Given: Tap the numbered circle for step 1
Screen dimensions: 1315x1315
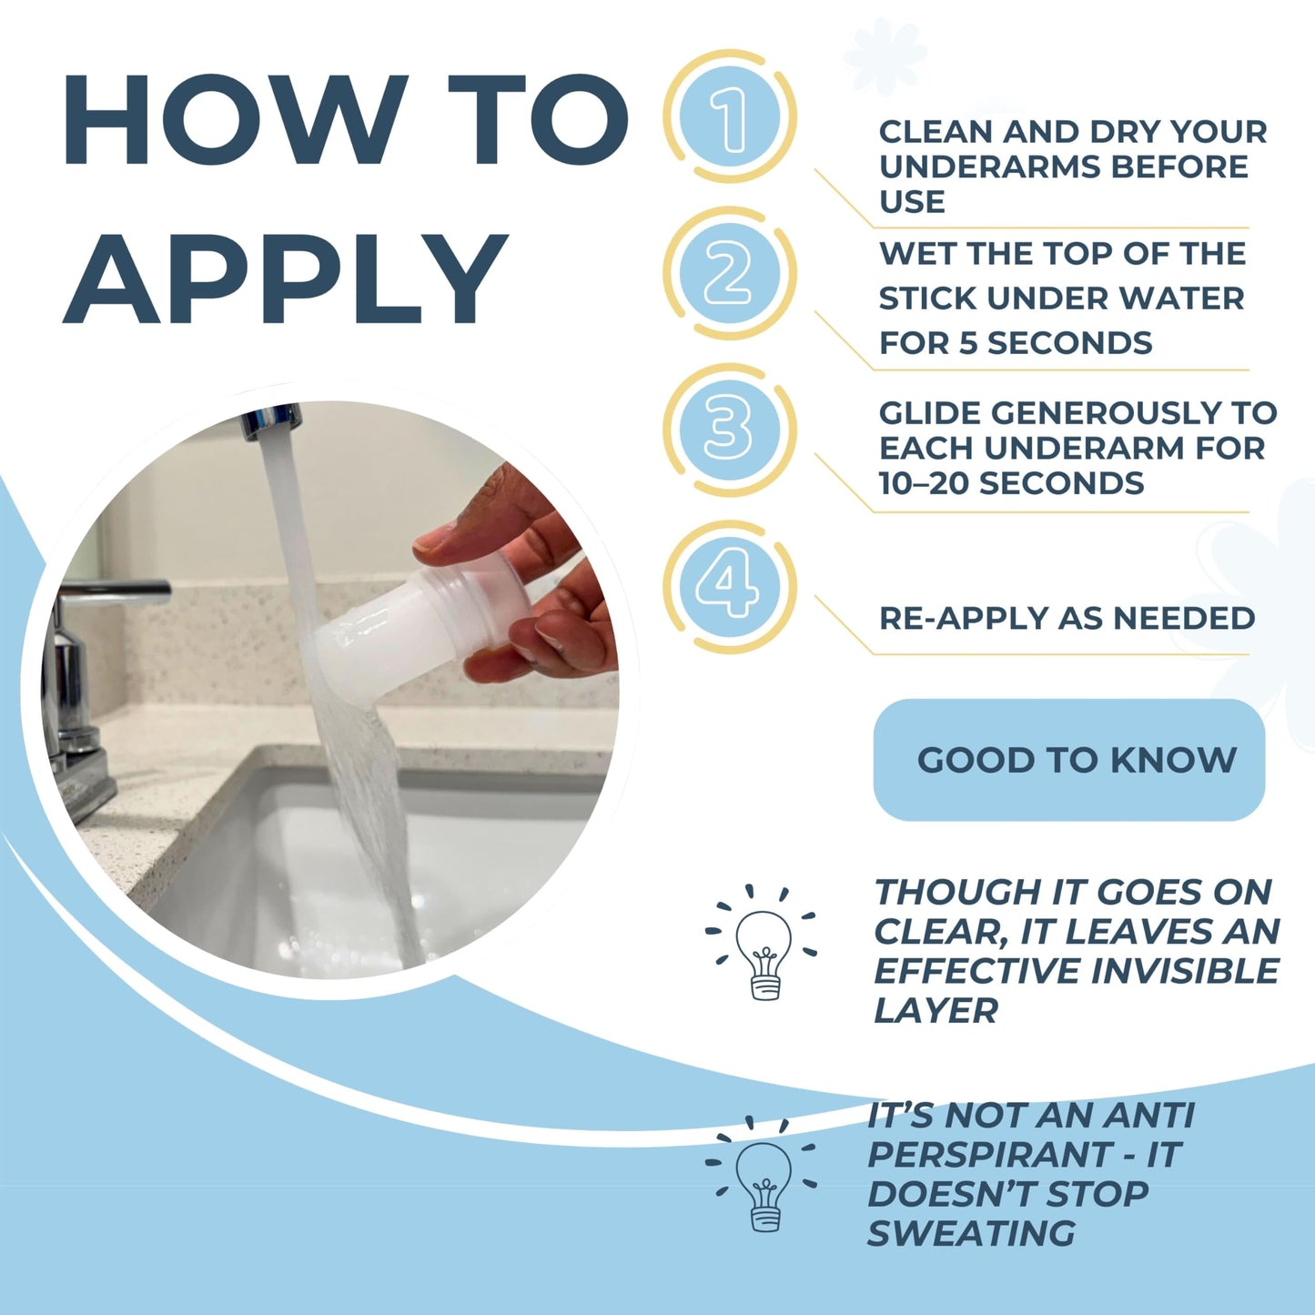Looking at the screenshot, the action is [x=730, y=116].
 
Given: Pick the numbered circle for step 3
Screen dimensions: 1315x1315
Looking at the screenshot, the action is [x=730, y=430].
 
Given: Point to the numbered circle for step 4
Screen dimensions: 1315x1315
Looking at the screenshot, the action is [x=730, y=587].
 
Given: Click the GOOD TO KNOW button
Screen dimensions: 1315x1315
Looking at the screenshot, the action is [x=1068, y=760].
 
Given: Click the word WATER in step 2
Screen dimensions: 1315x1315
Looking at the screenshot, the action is [x=1183, y=298].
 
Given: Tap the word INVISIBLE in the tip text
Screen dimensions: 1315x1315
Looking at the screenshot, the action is [x=1184, y=971].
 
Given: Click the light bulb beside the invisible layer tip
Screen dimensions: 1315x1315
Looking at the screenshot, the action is [x=764, y=955].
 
